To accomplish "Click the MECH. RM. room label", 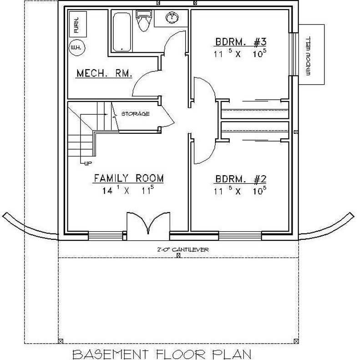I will (x=104, y=73).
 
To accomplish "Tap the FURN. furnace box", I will (x=76, y=25).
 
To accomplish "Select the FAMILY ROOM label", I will (x=129, y=177).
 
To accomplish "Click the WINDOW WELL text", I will (x=308, y=54).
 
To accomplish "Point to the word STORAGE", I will (x=135, y=114).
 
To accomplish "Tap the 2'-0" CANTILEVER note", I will (x=178, y=250).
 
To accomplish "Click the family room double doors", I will (x=147, y=224).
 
